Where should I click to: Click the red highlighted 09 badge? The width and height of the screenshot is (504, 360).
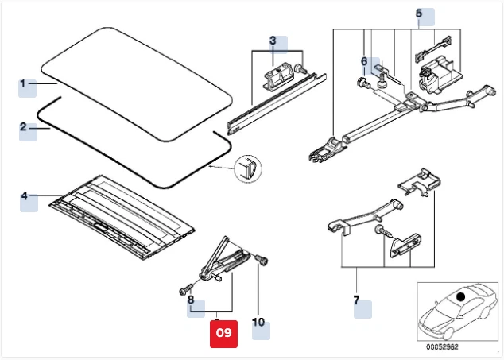223,333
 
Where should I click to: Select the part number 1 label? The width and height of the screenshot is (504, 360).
24,83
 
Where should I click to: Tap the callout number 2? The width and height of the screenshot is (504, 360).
24,127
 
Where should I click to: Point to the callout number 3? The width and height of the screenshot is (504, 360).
273,41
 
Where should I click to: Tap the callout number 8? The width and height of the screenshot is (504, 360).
191,300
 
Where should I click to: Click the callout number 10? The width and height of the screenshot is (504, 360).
258,323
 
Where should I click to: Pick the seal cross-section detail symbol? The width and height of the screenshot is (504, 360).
247,168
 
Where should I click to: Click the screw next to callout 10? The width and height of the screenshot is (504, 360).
263,259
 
